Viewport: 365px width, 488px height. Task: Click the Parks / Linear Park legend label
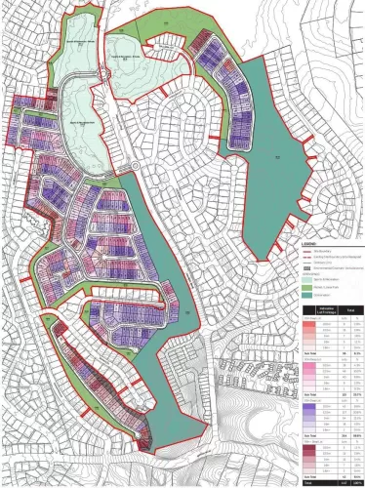coord(328,288)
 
